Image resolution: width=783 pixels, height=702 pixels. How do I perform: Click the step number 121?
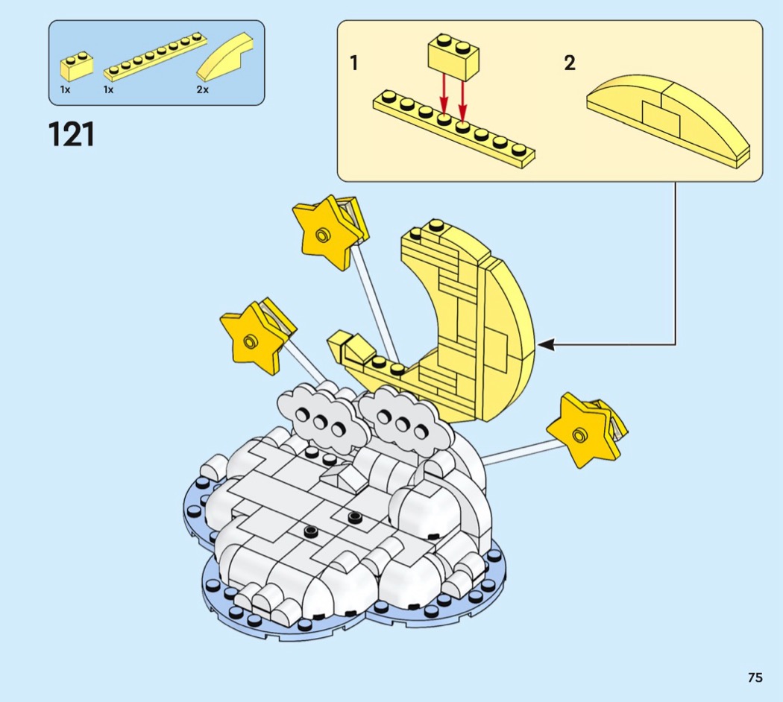[x=71, y=135]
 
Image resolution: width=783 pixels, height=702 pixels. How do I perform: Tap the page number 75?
[x=755, y=677]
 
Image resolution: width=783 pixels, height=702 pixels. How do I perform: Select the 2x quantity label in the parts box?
[x=202, y=90]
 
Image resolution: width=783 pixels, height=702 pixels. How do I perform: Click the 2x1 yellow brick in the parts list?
[x=77, y=66]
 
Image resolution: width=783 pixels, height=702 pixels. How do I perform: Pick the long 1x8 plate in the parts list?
[x=155, y=58]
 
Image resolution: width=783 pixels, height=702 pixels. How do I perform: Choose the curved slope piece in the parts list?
[x=226, y=57]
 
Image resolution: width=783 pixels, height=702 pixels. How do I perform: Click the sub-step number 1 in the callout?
[x=354, y=63]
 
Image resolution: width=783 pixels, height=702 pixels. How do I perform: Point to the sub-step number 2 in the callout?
[x=569, y=63]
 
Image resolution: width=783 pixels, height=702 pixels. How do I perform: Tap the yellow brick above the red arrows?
[x=453, y=57]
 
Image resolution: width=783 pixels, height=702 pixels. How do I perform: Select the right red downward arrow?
[x=463, y=101]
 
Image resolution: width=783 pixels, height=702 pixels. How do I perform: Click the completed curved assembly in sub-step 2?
[x=668, y=121]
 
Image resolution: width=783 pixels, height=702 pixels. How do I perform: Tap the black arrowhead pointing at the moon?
[x=546, y=344]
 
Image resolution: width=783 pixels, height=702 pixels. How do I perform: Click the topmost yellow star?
[x=324, y=233]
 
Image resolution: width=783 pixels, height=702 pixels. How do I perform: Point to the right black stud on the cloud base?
[x=354, y=516]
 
